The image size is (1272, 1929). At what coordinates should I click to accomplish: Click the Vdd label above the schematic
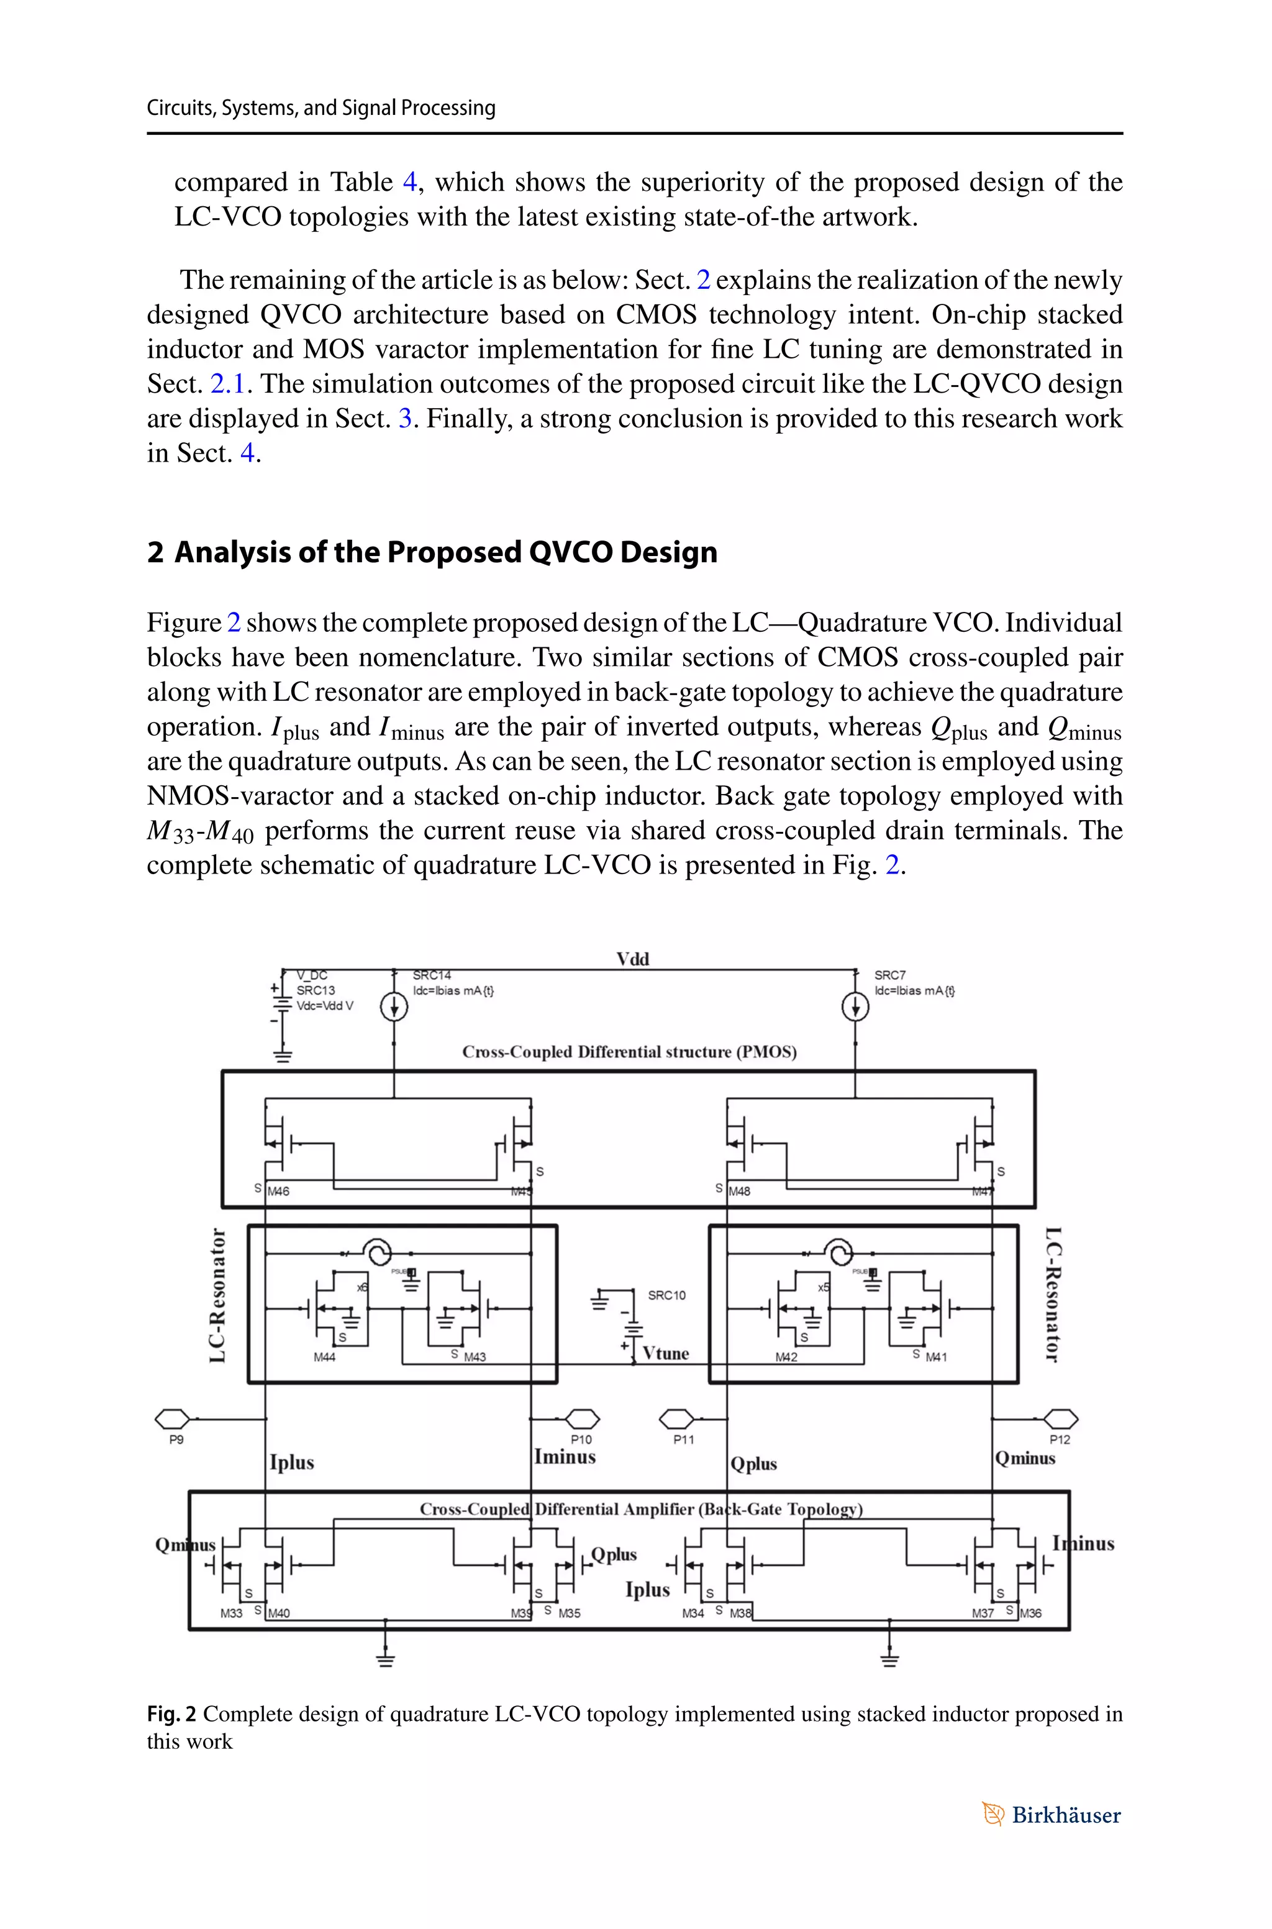pyautogui.click(x=633, y=959)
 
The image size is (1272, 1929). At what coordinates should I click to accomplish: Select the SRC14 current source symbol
pyautogui.click(x=394, y=1008)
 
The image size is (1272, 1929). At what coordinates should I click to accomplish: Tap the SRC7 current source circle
pyautogui.click(x=855, y=1008)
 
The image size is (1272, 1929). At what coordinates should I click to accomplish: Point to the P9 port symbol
pyautogui.click(x=172, y=1419)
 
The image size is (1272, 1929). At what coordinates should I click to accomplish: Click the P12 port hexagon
pyautogui.click(x=1060, y=1419)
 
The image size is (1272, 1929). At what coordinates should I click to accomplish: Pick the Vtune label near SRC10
pyautogui.click(x=665, y=1353)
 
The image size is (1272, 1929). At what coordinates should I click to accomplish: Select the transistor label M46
pyautogui.click(x=278, y=1192)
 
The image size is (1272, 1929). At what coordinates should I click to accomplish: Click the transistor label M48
pyautogui.click(x=740, y=1192)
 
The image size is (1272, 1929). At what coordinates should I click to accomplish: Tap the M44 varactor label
pyautogui.click(x=324, y=1357)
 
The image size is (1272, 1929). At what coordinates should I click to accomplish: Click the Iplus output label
pyautogui.click(x=292, y=1462)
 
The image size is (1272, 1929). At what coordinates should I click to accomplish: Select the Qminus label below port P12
pyautogui.click(x=1025, y=1457)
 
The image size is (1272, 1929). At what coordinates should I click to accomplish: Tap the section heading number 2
pyautogui.click(x=155, y=552)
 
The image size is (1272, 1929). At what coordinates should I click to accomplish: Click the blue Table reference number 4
pyautogui.click(x=410, y=181)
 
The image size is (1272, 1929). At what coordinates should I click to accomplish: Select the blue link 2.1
pyautogui.click(x=227, y=384)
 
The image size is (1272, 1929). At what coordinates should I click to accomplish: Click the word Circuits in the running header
pyautogui.click(x=180, y=108)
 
